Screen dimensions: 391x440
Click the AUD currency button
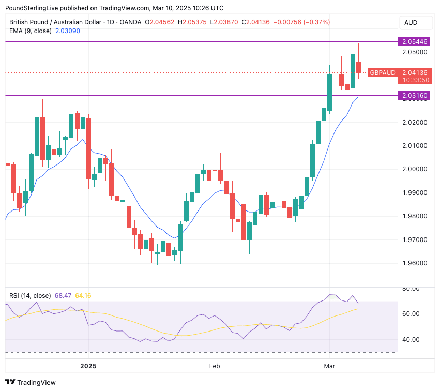pyautogui.click(x=411, y=23)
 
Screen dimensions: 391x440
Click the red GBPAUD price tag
pyautogui.click(x=383, y=73)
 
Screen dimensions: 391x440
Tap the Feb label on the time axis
pyautogui.click(x=215, y=366)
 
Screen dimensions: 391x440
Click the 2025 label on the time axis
pyautogui.click(x=88, y=366)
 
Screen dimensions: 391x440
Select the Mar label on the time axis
pyautogui.click(x=329, y=366)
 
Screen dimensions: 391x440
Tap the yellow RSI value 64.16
pyautogui.click(x=83, y=296)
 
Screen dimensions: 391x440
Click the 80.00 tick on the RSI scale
pyautogui.click(x=413, y=289)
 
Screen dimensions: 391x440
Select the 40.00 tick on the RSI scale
pyautogui.click(x=413, y=340)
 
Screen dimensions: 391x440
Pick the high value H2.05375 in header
pyautogui.click(x=192, y=22)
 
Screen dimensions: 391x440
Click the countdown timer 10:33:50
pyautogui.click(x=415, y=80)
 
